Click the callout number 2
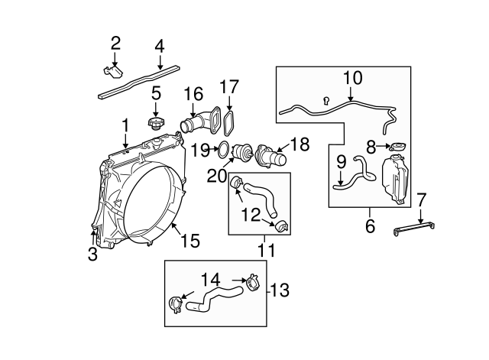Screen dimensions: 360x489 point(115,43)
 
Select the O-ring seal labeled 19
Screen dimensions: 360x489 point(222,150)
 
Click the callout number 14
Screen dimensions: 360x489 point(211,279)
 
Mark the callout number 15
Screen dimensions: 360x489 point(189,242)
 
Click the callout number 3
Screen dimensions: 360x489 point(92,255)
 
